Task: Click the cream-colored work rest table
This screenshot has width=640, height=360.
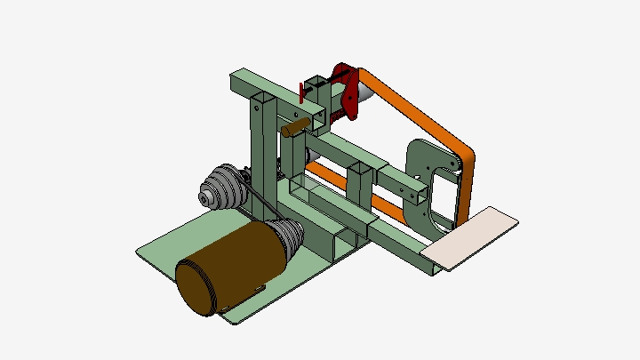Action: pyautogui.click(x=470, y=237)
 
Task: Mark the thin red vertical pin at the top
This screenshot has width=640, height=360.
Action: pyautogui.click(x=301, y=92)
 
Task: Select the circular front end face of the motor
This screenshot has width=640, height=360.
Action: pyautogui.click(x=195, y=287)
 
